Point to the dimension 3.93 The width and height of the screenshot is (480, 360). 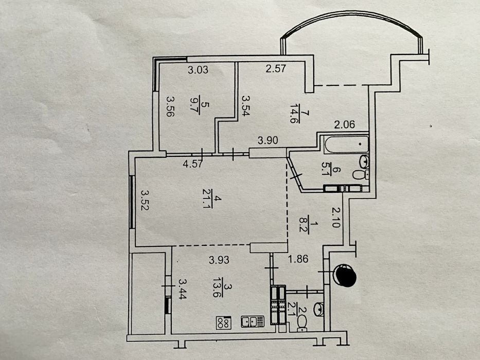[219, 260]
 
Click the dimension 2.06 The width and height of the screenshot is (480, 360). [344, 124]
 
